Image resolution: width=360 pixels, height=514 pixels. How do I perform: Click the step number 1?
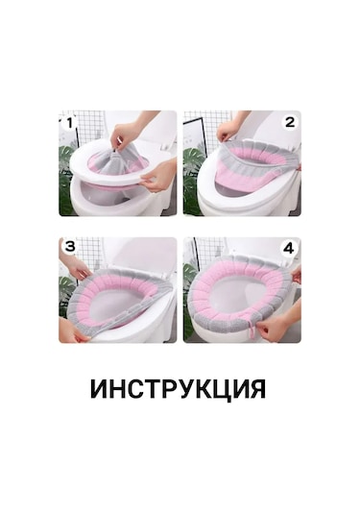coord(68,123)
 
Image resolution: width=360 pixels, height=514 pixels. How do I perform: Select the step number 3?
coord(68,247)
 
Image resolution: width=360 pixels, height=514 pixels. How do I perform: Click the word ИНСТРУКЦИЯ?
coord(179,389)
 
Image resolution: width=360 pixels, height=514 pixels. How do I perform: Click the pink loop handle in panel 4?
coord(253,330)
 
